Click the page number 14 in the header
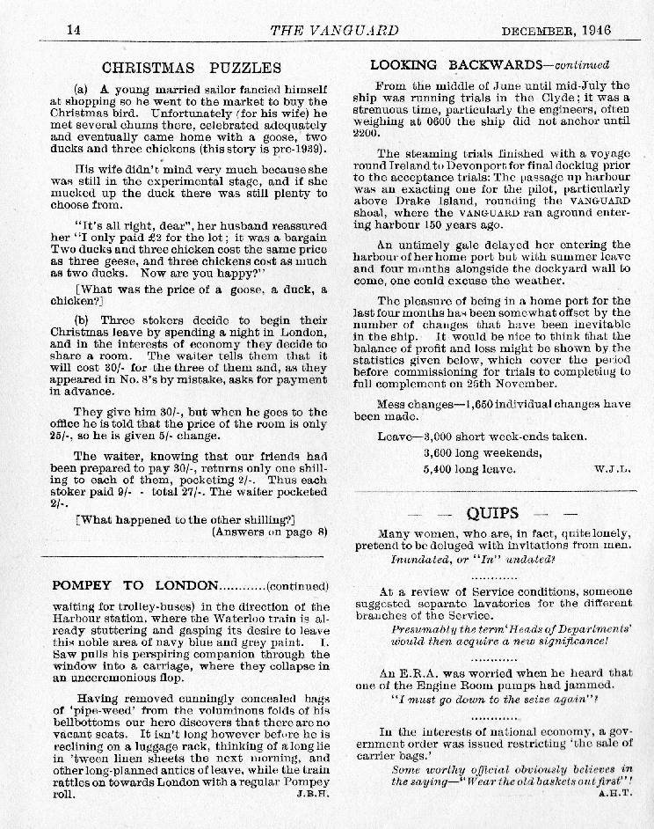[74, 29]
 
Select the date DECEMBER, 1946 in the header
[556, 30]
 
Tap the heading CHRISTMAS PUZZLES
[192, 67]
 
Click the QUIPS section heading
[492, 513]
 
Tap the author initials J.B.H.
[312, 793]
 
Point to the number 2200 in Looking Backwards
[372, 134]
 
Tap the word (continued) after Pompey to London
[297, 586]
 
